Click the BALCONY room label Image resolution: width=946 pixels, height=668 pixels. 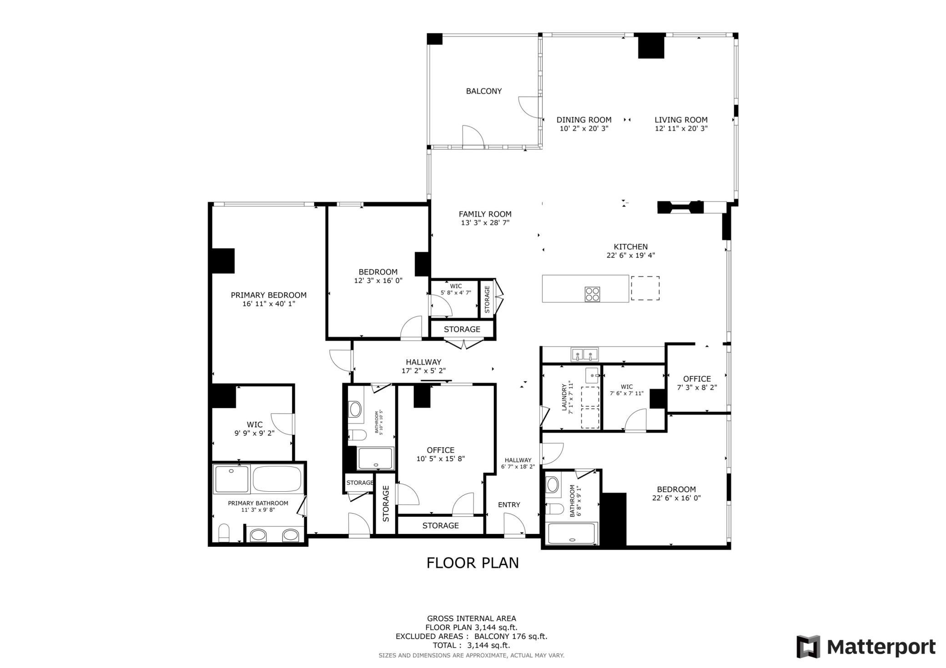pos(484,91)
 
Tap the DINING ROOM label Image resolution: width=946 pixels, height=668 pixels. pos(584,120)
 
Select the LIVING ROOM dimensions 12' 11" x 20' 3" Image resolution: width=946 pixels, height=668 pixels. pos(681,129)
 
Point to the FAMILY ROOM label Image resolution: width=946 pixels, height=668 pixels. pos(485,214)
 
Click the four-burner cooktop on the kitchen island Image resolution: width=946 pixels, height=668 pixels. pos(592,294)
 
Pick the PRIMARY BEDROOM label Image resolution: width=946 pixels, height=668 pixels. pos(269,295)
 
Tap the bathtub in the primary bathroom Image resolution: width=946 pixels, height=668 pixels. pos(277,479)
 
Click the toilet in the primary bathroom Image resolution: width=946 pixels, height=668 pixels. pos(224,533)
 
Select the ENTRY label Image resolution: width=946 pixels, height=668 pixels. pos(509,505)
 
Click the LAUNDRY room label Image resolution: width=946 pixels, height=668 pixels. pos(564,398)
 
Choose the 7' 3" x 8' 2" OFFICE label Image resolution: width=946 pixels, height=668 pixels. pos(697,383)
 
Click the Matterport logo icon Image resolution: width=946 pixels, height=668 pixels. pos(808,647)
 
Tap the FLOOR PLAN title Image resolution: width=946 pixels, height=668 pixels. pos(473,563)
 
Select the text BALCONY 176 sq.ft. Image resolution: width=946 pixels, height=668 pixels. pos(511,636)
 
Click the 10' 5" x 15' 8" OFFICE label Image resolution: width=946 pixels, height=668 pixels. pos(440,454)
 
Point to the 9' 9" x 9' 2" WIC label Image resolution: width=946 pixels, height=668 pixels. pos(254,429)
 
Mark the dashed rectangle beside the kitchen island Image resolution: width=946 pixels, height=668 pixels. pos(645,288)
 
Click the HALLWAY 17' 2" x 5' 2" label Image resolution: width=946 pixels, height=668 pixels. pos(423,366)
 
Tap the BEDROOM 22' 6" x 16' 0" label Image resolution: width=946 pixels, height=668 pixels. pos(676,494)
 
